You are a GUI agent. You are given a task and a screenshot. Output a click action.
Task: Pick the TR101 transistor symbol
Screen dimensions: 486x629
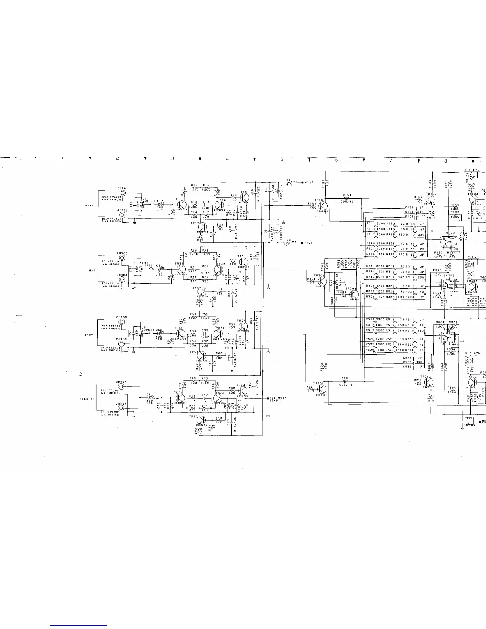(x=323, y=206)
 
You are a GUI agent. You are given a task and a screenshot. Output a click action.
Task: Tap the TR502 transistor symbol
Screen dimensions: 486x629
(x=429, y=382)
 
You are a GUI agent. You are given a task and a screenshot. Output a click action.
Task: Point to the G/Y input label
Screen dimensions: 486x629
(x=91, y=270)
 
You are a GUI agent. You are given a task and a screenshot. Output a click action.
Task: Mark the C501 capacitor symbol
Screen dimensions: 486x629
(x=345, y=381)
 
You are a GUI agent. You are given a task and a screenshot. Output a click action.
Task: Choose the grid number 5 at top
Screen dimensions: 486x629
(x=282, y=160)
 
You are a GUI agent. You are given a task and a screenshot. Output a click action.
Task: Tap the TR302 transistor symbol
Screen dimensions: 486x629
(x=354, y=294)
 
